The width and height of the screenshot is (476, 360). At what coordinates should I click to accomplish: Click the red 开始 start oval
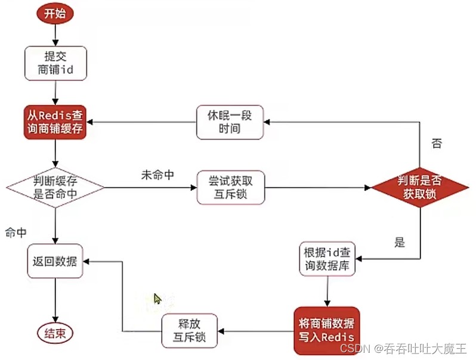[55, 13]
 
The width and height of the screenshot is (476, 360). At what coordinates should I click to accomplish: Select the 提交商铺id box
[55, 64]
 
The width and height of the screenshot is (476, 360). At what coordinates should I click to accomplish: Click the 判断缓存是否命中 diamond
[55, 188]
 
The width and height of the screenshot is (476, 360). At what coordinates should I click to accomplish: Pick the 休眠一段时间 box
[230, 122]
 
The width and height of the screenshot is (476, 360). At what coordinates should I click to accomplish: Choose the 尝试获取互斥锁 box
[230, 188]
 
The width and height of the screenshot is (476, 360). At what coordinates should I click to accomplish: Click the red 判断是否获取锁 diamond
[421, 188]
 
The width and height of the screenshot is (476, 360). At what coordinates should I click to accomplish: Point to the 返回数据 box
[55, 261]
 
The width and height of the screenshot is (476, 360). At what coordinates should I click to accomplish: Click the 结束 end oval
[55, 333]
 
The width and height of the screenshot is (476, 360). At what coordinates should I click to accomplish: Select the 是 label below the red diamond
[400, 242]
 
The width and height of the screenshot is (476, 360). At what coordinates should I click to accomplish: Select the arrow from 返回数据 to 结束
[55, 301]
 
